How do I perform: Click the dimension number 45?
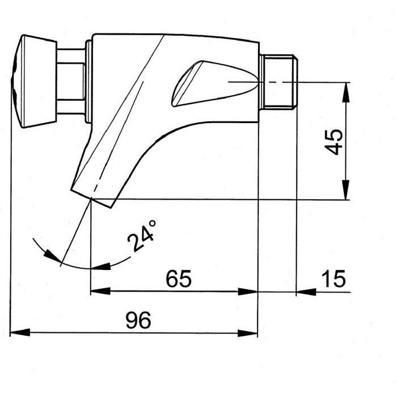coord(333,142)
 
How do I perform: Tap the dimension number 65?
coord(179,278)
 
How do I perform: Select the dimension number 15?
coord(334,279)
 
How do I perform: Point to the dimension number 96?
coord(138,320)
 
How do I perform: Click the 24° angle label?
coord(141,236)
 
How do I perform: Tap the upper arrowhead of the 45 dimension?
coord(346,92)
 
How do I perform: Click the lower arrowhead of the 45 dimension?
coord(346,190)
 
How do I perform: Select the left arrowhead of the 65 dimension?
coord(100,291)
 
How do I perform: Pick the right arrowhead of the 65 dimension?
coord(248,292)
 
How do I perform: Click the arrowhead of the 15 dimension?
coord(306,292)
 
